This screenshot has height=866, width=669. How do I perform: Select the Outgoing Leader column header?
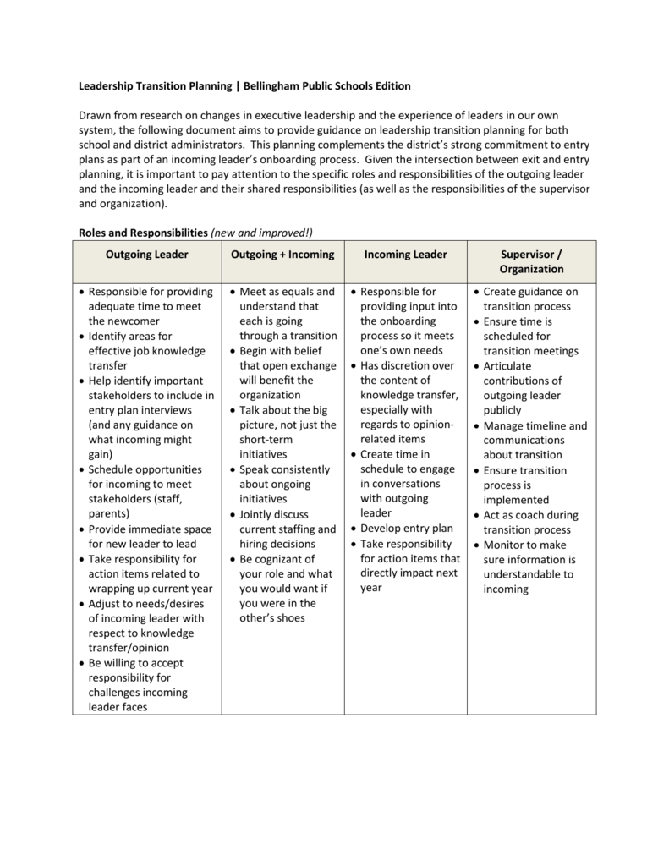[146, 255]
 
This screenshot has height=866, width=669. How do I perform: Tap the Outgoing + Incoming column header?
[282, 255]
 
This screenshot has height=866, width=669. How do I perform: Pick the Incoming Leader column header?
[405, 255]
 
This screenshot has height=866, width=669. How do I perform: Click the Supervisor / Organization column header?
[531, 261]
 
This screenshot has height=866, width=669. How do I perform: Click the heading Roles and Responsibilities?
[143, 232]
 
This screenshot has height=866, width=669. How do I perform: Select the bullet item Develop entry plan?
[407, 529]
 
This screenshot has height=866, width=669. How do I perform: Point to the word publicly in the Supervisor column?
[502, 410]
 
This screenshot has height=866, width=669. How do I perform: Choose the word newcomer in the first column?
[123, 321]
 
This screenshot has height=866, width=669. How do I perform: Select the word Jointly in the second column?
[258, 514]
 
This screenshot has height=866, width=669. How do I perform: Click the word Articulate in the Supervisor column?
[507, 366]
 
